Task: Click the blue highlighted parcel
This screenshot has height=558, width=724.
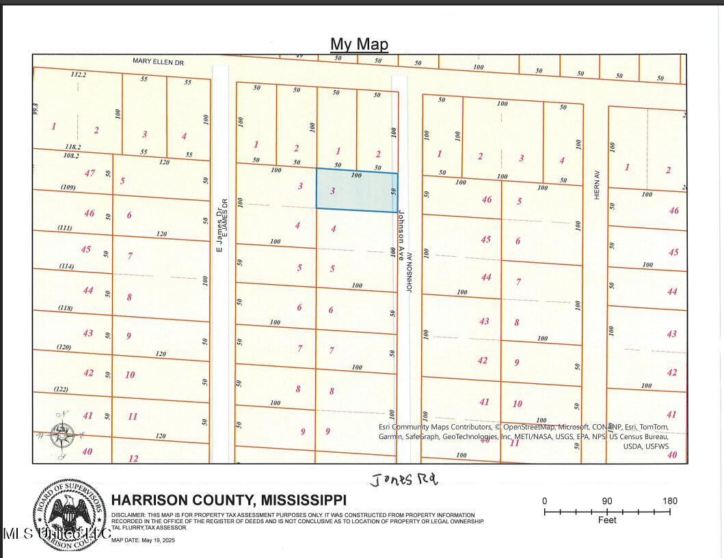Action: tap(356, 191)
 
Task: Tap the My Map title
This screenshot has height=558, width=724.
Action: tap(359, 44)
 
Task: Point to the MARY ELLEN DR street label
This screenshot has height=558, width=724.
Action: tap(159, 62)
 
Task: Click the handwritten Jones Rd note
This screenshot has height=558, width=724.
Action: tap(403, 480)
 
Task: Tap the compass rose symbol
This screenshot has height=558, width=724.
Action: tap(63, 435)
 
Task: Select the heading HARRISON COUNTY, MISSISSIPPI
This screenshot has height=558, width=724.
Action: tap(228, 501)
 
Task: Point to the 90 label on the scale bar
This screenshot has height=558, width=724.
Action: tap(607, 501)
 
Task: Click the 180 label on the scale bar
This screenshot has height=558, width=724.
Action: tap(669, 501)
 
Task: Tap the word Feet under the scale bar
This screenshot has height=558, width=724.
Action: tap(607, 520)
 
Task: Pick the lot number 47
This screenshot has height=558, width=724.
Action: tap(90, 173)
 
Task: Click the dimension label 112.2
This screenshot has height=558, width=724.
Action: tap(79, 75)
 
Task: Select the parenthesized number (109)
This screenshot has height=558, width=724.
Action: tap(68, 187)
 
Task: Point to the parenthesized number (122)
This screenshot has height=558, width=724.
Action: tap(61, 389)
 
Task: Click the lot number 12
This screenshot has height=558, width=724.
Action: tap(133, 458)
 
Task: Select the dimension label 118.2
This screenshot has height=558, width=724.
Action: tap(72, 147)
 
